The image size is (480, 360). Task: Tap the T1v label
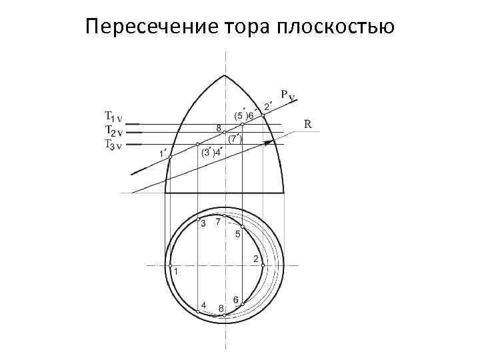(x=113, y=116)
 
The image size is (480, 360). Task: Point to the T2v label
(x=113, y=130)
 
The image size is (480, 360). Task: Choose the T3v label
(x=113, y=144)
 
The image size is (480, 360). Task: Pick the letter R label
(x=308, y=123)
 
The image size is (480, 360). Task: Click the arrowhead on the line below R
(x=268, y=142)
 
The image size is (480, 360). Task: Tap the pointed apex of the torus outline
(x=225, y=75)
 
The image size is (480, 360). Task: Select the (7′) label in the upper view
(x=235, y=139)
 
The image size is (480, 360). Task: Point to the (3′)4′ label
(x=213, y=153)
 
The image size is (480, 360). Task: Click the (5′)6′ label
(x=244, y=115)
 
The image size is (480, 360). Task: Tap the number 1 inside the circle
(x=176, y=272)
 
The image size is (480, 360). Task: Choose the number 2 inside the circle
(x=255, y=259)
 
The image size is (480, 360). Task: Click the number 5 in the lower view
(x=237, y=234)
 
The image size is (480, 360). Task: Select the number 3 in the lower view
(x=203, y=225)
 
